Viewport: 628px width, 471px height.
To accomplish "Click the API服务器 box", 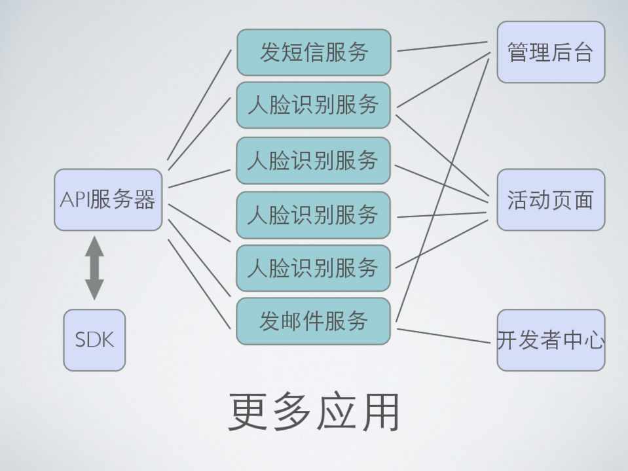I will tap(108, 200).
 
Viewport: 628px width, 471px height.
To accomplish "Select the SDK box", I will tap(94, 340).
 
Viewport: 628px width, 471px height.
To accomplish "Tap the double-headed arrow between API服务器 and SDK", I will tap(94, 268).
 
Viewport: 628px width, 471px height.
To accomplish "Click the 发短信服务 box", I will tap(313, 52).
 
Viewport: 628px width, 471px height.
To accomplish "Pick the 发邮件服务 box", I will tap(313, 321).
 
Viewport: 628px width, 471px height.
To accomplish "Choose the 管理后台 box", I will tap(550, 52).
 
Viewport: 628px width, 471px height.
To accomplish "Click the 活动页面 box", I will tap(550, 200).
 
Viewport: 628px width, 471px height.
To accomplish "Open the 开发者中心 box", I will tap(550, 340).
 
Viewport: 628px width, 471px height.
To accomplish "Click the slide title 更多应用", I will tap(314, 412).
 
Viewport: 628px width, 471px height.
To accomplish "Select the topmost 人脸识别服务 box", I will tap(313, 105).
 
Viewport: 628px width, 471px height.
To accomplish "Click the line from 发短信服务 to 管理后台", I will tap(443, 46).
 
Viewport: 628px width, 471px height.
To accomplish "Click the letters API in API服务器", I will tap(75, 200).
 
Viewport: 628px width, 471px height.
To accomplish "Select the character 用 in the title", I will tap(379, 412).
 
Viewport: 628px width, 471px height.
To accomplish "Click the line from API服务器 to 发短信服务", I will tap(199, 105).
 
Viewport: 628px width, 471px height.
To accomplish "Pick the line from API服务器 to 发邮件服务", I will tap(199, 284).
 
